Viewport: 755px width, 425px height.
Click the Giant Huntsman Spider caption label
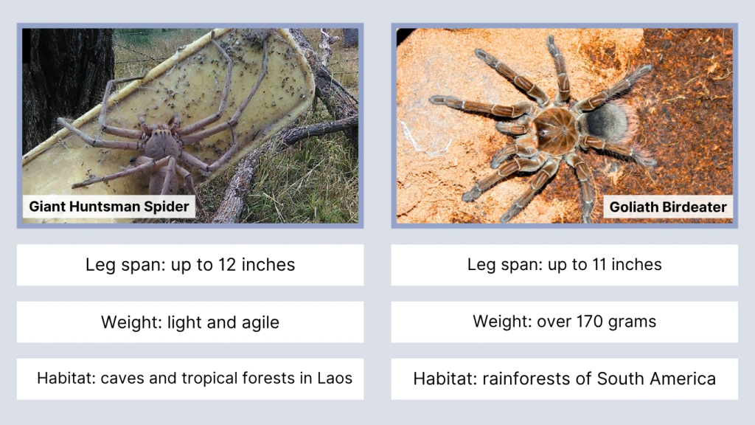coord(109,207)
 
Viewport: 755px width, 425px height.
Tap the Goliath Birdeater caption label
coord(667,207)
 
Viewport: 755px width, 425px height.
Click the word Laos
coord(335,379)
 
